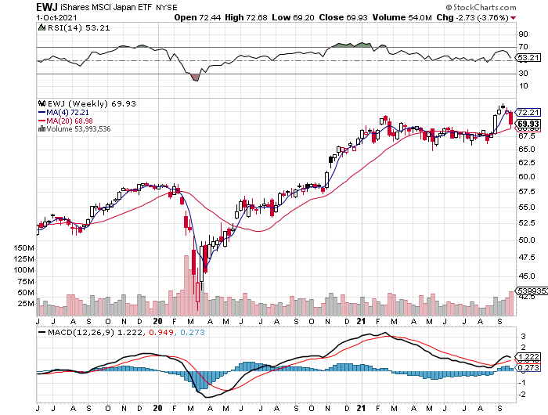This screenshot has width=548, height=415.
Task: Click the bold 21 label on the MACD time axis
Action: click(361, 408)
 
